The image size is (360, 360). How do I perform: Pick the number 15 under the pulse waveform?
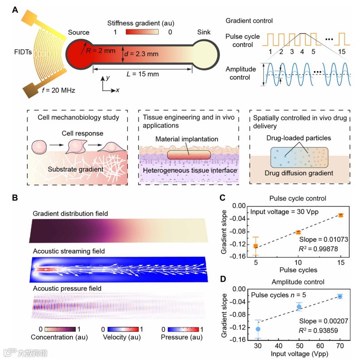(x=344, y=51)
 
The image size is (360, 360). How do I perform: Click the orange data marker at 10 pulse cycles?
(x=298, y=232)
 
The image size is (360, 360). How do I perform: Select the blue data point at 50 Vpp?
(x=299, y=307)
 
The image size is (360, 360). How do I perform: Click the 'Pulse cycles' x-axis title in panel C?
(x=298, y=270)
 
